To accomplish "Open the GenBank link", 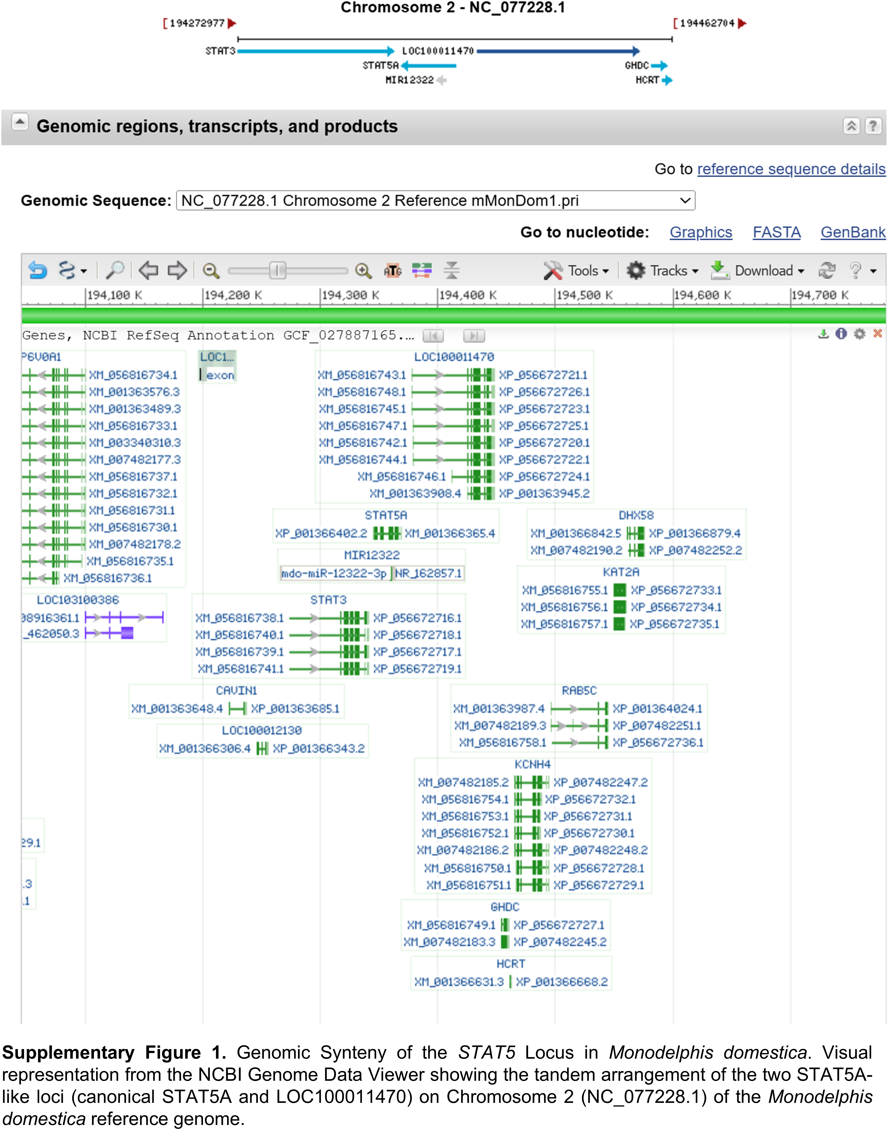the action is [853, 232].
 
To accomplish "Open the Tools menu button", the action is [576, 271].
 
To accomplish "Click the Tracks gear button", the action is [662, 271].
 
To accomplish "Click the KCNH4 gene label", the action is [532, 764].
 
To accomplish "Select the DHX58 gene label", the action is [636, 515].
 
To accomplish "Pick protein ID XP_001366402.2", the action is [321, 533].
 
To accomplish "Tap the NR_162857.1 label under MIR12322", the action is [428, 573].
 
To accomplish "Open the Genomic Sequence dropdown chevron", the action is [685, 201].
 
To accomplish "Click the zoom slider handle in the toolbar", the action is [278, 270].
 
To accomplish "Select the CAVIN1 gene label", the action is [237, 690].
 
